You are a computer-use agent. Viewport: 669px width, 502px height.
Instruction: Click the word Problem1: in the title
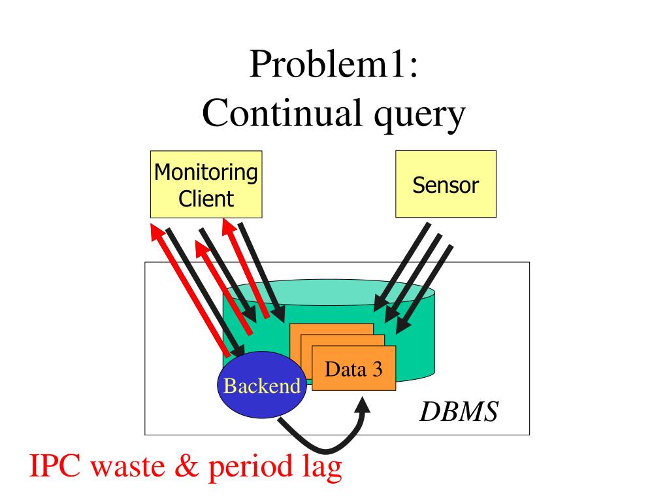coord(333,66)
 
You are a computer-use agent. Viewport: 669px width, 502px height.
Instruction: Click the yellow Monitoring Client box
coord(206,184)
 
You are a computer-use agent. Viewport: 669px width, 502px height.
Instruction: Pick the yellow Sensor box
coord(446,184)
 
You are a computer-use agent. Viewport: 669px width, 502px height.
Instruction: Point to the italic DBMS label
coord(459,412)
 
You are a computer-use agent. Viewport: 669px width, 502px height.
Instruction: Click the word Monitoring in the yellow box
coord(206,173)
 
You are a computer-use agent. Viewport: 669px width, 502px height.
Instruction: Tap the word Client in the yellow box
coord(206,198)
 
